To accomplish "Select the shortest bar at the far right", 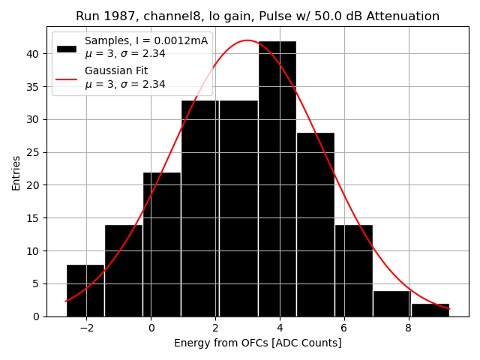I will pyautogui.click(x=430, y=310).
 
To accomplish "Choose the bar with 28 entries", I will pyautogui.click(x=315, y=224).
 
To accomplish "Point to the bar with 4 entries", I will pyautogui.click(x=391, y=304).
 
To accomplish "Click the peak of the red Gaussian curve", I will pyautogui.click(x=247, y=40).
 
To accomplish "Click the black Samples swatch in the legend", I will pyautogui.click(x=67, y=48).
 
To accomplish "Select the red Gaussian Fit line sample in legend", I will pyautogui.click(x=67, y=78).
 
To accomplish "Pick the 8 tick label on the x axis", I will pyautogui.click(x=408, y=328).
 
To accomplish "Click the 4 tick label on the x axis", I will pyautogui.click(x=280, y=328).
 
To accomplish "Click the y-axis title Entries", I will pyautogui.click(x=16, y=173).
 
